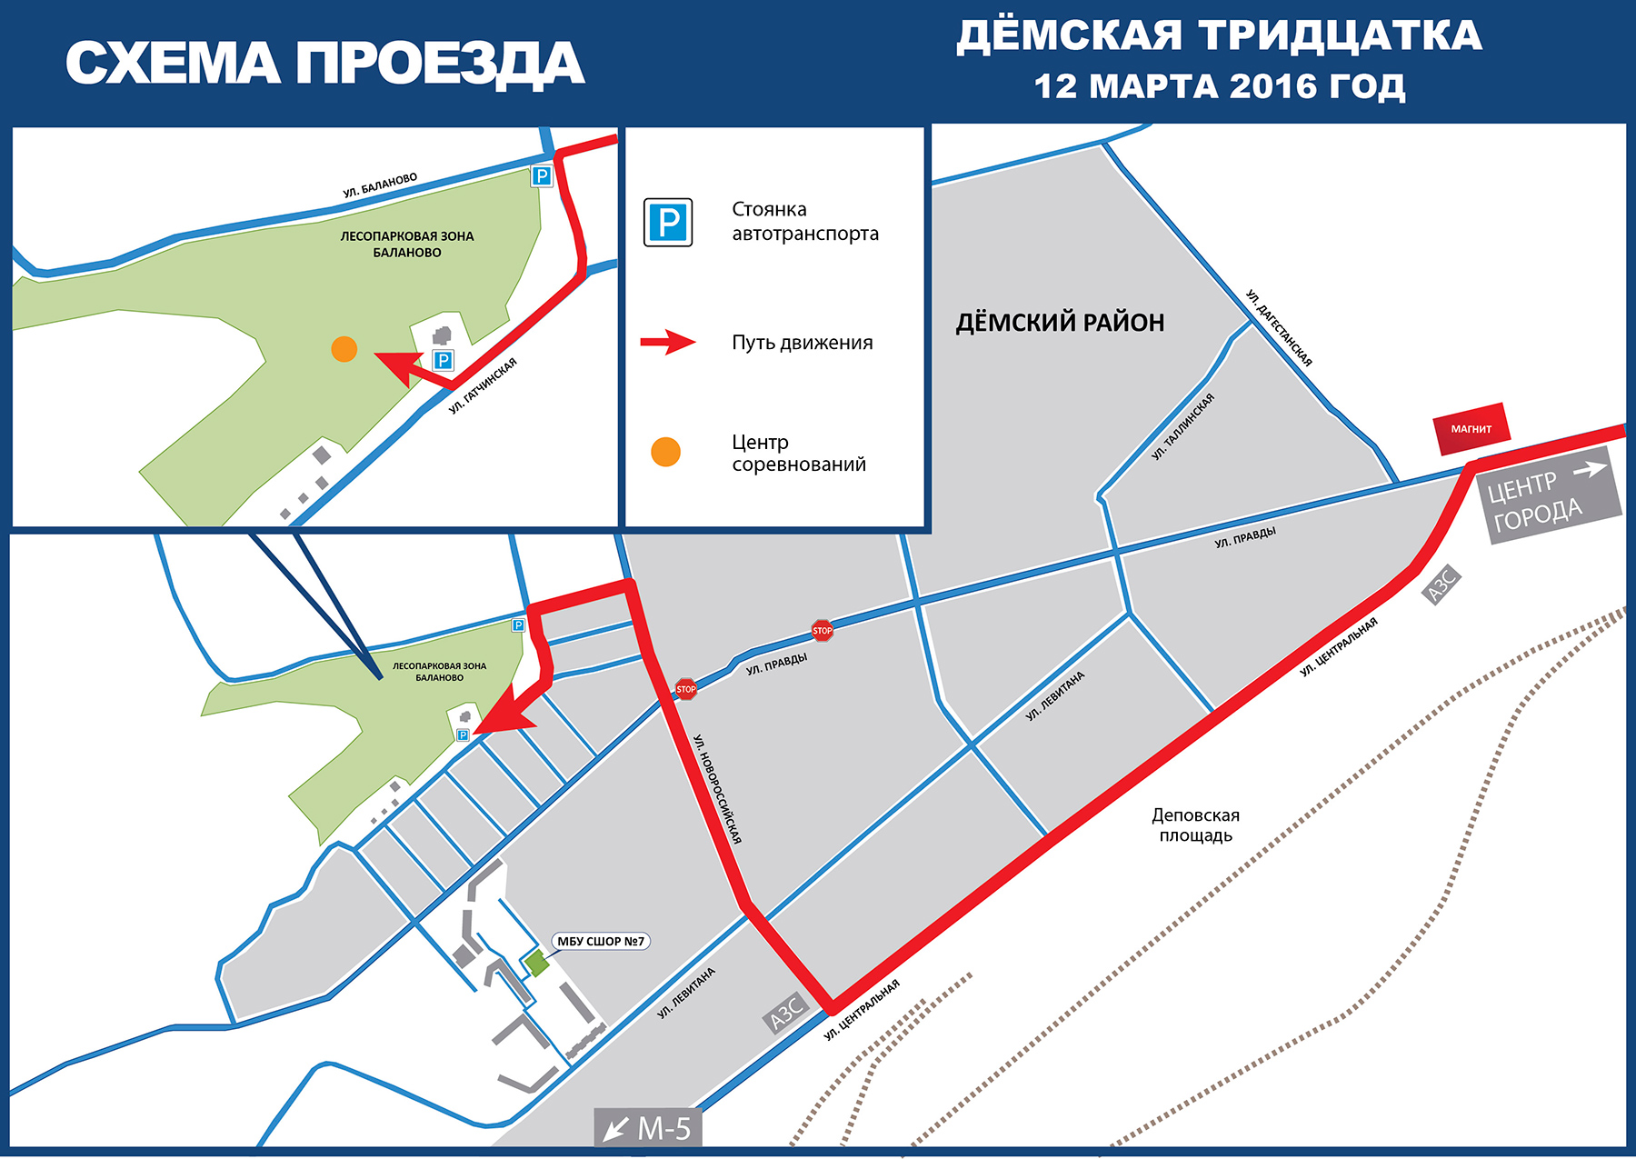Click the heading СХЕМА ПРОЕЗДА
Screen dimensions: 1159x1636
click(x=324, y=64)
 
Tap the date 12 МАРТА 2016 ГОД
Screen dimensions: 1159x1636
click(x=1219, y=86)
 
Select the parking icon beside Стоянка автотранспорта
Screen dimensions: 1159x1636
click(x=668, y=223)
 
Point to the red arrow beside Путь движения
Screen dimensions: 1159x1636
click(x=668, y=343)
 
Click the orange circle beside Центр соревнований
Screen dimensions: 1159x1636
click(x=666, y=452)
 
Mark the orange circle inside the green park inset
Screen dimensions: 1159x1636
click(x=344, y=349)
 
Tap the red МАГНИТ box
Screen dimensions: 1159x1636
click(x=1471, y=428)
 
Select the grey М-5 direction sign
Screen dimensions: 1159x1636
click(x=648, y=1128)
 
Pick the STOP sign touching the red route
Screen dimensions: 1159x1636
click(x=686, y=689)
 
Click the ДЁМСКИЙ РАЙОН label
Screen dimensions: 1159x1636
click(x=1060, y=323)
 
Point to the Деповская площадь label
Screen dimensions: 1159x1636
click(x=1195, y=825)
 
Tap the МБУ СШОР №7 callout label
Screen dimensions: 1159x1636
click(x=601, y=941)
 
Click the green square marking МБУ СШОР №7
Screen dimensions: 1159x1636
click(x=536, y=963)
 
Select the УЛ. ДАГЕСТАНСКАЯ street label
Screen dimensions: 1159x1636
click(x=1279, y=328)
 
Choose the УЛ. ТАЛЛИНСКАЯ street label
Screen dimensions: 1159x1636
click(x=1182, y=426)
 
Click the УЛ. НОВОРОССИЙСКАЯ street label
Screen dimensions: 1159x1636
click(x=718, y=789)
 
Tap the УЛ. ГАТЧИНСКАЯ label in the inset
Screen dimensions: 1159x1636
click(x=483, y=386)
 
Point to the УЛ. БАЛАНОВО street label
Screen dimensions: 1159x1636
click(x=380, y=185)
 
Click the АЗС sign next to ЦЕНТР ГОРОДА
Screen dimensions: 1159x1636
click(x=1441, y=584)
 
